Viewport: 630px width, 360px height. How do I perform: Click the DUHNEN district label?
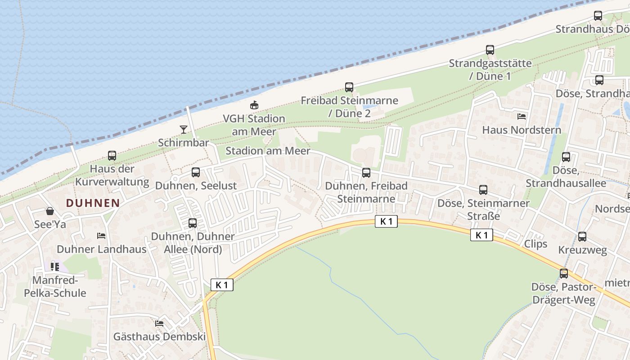pyautogui.click(x=93, y=203)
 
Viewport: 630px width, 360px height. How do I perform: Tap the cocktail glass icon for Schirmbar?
pyautogui.click(x=183, y=130)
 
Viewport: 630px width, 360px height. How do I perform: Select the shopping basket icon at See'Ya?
pyautogui.click(x=50, y=211)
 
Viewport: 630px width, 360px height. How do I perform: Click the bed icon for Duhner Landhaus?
pyautogui.click(x=101, y=236)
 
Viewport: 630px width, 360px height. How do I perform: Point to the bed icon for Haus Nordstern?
pyautogui.click(x=522, y=116)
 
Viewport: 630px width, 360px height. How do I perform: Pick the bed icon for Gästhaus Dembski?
pyautogui.click(x=159, y=323)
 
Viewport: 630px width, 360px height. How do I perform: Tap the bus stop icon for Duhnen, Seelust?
pyautogui.click(x=196, y=172)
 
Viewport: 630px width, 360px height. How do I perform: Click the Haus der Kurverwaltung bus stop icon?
pyautogui.click(x=112, y=156)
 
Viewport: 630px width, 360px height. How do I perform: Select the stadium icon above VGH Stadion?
pyautogui.click(x=254, y=105)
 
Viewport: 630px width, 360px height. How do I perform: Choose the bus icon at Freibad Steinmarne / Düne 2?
pyautogui.click(x=349, y=87)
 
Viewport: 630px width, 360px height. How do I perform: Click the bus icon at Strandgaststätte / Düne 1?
pyautogui.click(x=490, y=50)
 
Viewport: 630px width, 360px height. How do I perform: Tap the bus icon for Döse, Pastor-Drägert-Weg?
pyautogui.click(x=563, y=273)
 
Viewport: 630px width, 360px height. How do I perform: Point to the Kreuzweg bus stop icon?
pyautogui.click(x=582, y=237)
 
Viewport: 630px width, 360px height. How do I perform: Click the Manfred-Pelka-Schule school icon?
pyautogui.click(x=55, y=267)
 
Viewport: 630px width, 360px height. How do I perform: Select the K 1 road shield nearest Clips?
pyautogui.click(x=481, y=235)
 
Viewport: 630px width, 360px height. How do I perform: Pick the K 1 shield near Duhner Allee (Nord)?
pyautogui.click(x=222, y=284)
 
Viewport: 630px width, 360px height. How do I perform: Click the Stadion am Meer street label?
pyautogui.click(x=268, y=151)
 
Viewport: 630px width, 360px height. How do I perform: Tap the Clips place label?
pyautogui.click(x=535, y=244)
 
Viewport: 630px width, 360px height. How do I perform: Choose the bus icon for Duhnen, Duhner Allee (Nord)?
pyautogui.click(x=193, y=223)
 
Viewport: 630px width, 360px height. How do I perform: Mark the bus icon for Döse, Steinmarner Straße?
pyautogui.click(x=483, y=190)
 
